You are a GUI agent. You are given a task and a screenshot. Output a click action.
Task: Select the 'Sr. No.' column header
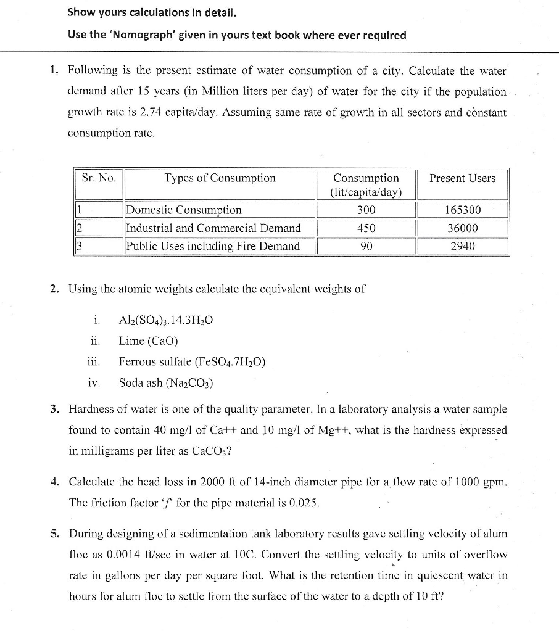(99, 178)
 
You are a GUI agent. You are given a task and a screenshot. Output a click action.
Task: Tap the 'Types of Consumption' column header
(220, 178)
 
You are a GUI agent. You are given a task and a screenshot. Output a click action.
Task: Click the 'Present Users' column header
(462, 178)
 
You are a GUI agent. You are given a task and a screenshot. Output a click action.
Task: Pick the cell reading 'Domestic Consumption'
(184, 210)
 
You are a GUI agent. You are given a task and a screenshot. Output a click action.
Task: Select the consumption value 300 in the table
(366, 210)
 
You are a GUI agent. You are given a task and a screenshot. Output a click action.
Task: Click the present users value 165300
(463, 210)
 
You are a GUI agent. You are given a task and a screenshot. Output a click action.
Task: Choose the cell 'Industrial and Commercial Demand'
(213, 228)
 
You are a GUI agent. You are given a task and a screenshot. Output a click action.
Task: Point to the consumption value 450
(366, 228)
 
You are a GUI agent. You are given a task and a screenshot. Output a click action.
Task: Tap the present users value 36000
(463, 228)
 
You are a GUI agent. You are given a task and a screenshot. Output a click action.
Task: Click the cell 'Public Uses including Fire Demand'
(213, 246)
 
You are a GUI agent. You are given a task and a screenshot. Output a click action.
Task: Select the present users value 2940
(463, 246)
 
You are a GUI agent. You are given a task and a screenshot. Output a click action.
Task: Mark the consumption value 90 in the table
(366, 246)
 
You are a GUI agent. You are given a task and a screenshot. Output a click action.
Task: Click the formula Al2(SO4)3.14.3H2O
(166, 320)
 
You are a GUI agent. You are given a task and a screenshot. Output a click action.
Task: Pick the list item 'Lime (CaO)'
(148, 341)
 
